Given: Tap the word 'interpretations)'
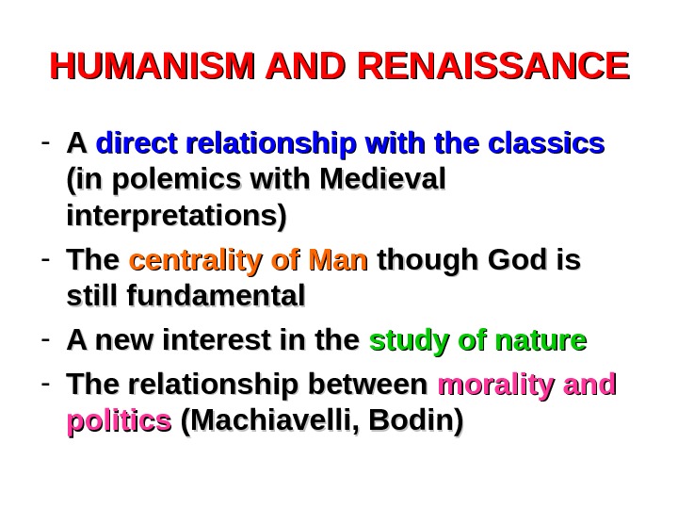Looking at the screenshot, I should [176, 215].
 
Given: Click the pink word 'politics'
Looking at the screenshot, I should [119, 421].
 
